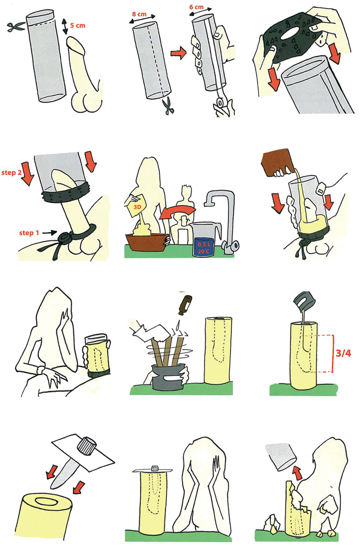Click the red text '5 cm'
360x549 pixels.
coord(78,25)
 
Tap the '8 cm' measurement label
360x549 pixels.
coord(139,14)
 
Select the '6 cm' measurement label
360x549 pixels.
coord(196,7)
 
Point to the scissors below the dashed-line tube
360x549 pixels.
coord(168,106)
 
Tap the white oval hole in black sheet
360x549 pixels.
coord(290,34)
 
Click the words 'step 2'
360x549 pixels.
coord(11,172)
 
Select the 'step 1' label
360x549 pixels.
coord(29,233)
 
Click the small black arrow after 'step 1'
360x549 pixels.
coord(50,233)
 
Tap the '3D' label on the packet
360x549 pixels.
coord(137,207)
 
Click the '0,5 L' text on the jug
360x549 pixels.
coord(204,244)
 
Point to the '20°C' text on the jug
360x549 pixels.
coord(204,251)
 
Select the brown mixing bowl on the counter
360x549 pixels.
coord(147,242)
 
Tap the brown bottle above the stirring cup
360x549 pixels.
coord(186,305)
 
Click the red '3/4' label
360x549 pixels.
coord(343,353)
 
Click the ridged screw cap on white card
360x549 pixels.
coord(87,444)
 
